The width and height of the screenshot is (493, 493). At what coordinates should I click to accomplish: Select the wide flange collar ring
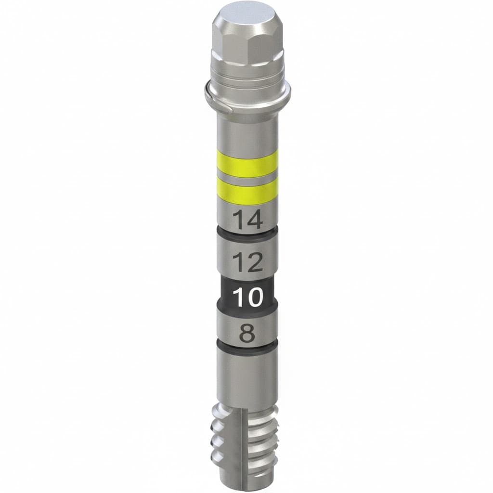tap(248, 97)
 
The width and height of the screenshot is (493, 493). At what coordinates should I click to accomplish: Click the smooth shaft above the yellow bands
tap(248, 132)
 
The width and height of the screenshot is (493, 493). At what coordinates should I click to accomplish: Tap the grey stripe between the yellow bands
tap(248, 178)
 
